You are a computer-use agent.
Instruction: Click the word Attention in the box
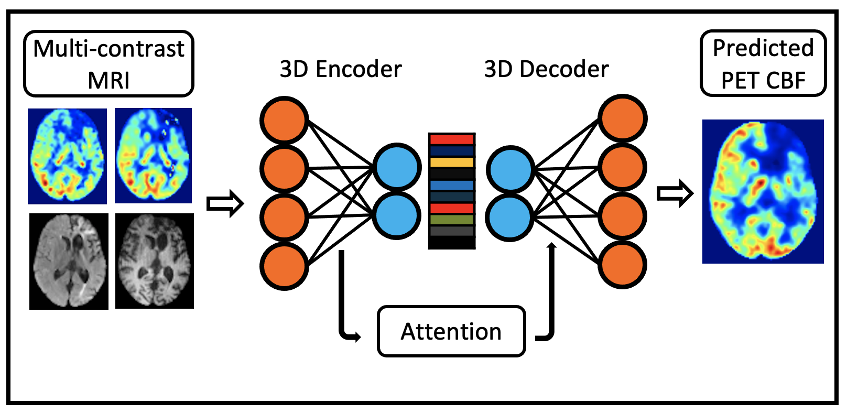[451, 332]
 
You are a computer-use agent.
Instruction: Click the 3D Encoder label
[341, 69]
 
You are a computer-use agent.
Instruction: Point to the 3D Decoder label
[546, 69]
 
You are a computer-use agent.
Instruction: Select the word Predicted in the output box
[763, 48]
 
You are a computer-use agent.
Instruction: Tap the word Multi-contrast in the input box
[109, 49]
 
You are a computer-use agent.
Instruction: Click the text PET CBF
[763, 80]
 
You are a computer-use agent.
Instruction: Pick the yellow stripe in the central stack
[452, 162]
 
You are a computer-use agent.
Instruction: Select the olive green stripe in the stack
[452, 220]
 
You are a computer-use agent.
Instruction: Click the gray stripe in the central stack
[452, 231]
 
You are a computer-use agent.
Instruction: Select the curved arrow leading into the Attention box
[346, 314]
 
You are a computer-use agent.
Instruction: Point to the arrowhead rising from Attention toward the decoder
[551, 246]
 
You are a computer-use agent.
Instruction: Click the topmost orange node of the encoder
[284, 120]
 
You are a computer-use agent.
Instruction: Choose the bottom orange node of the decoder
[623, 265]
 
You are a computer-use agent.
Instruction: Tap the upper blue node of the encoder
[397, 167]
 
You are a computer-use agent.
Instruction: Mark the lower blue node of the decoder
[509, 217]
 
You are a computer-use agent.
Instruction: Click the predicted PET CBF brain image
[763, 191]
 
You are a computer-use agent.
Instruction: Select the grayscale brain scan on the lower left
[69, 261]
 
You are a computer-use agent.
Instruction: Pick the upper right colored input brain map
[153, 156]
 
